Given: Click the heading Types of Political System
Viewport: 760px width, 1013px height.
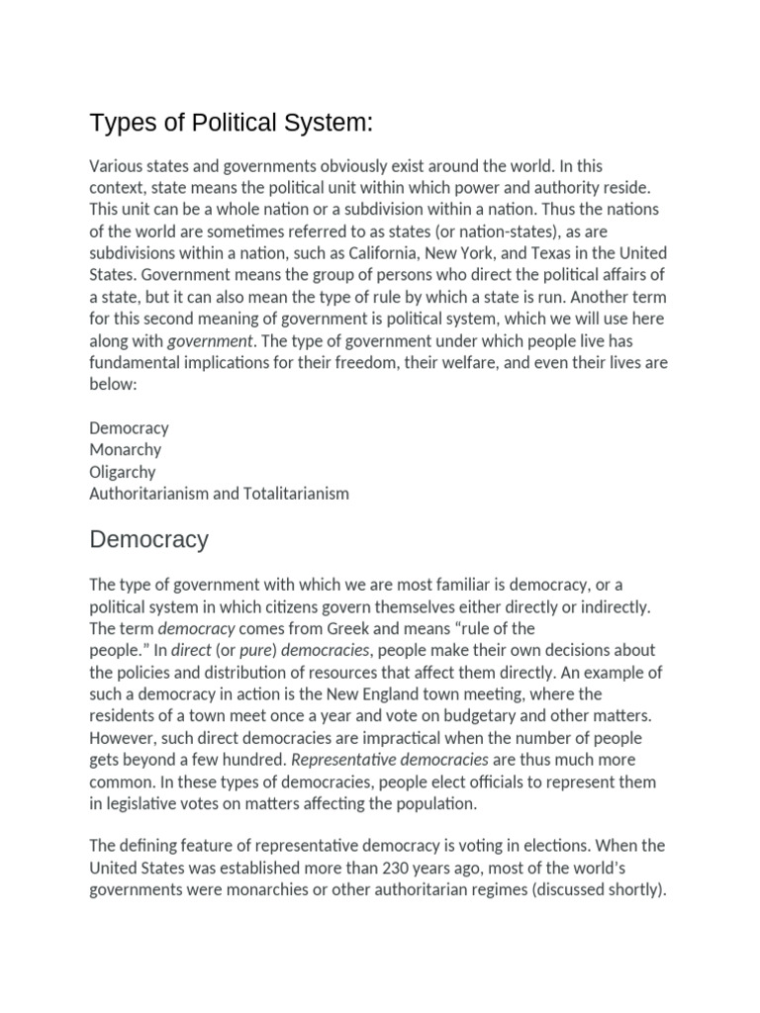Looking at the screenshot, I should pyautogui.click(x=232, y=124).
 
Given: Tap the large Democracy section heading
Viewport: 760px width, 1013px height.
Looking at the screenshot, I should pyautogui.click(x=148, y=540).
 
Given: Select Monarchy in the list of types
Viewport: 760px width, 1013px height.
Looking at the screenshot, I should pyautogui.click(x=125, y=449).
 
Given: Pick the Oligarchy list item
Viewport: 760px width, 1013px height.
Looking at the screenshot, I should pyautogui.click(x=122, y=471).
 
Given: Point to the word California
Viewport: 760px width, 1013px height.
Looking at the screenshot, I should pyautogui.click(x=351, y=253).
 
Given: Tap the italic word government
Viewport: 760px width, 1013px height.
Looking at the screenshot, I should pyautogui.click(x=211, y=341).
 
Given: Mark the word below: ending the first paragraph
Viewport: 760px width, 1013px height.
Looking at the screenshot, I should pyautogui.click(x=112, y=384).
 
